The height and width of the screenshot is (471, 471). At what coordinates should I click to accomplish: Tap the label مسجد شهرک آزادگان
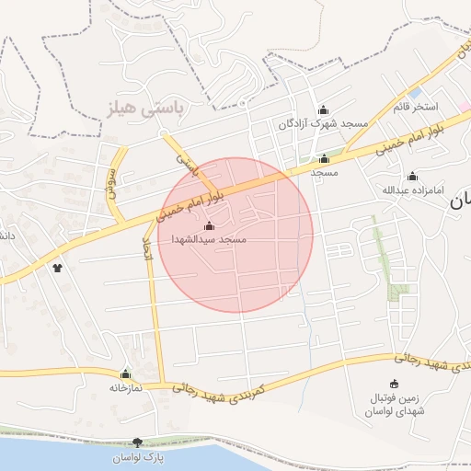pos(322,123)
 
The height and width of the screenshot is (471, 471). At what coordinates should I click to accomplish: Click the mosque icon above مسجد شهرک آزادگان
pos(323,109)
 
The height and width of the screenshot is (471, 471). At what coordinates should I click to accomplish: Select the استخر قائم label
pos(413,107)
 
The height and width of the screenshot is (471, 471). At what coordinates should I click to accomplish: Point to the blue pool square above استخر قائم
pos(416,93)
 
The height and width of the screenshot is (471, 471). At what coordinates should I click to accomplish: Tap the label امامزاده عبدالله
pos(412,190)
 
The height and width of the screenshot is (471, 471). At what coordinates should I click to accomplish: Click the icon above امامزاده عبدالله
pos(412,176)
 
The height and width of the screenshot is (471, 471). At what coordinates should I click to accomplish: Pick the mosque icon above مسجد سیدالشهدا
pos(208,225)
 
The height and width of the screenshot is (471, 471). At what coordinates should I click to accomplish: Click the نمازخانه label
pos(126,388)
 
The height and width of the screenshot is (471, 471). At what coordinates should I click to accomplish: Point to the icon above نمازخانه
pos(125,374)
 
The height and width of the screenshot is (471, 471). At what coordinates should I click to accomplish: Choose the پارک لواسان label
pos(137,457)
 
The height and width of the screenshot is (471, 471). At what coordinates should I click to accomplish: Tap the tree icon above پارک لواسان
pos(137,442)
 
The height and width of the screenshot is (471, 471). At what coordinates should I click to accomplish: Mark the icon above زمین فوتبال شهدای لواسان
pos(396,384)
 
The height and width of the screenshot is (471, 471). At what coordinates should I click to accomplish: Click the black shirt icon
pos(59,269)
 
